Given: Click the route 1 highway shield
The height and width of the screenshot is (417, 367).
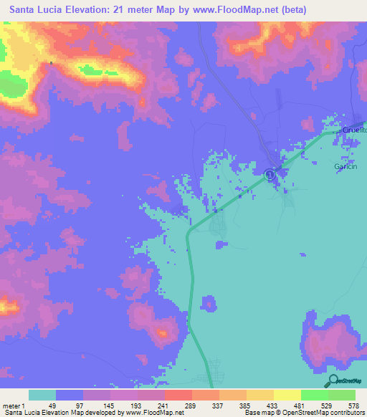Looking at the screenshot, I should point(270,173).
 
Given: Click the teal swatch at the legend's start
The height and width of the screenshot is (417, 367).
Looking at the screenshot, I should point(42,395).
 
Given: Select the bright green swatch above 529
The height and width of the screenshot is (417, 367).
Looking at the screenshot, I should point(315,395).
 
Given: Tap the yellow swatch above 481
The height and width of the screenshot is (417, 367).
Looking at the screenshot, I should point(287,395).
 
